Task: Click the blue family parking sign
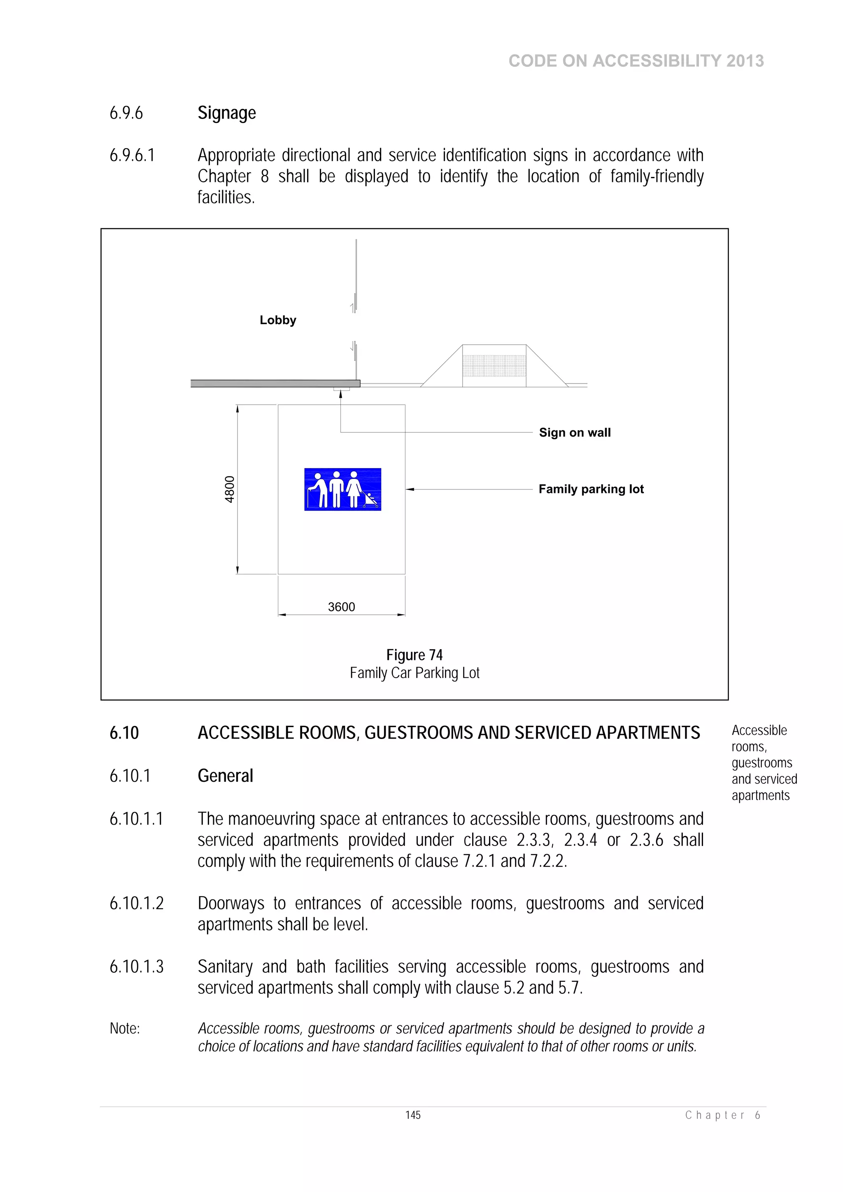[342, 489]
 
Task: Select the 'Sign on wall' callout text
[575, 432]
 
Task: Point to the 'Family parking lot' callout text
[591, 489]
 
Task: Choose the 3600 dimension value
[341, 607]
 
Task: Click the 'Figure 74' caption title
[414, 655]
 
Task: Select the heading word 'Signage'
[226, 113]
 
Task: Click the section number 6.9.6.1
[132, 155]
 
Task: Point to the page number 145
[413, 1115]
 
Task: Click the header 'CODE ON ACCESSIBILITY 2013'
[636, 61]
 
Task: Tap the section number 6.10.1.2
[136, 903]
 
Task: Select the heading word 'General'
[226, 776]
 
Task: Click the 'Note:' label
[125, 1029]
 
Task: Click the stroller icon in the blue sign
[370, 499]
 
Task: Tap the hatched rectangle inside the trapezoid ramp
[494, 366]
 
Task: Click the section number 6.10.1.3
[136, 967]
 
